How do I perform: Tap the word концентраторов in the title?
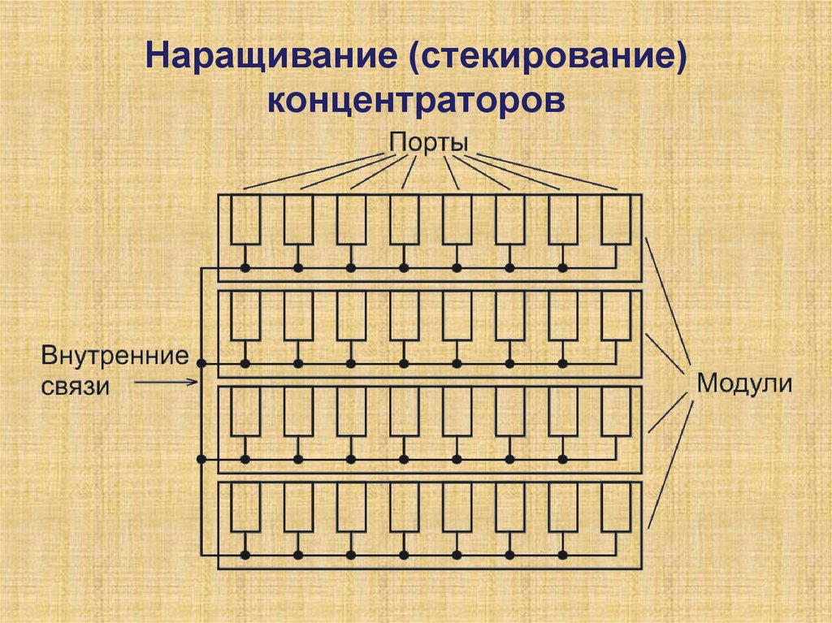(415, 102)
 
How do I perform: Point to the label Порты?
(428, 141)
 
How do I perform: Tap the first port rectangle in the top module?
(245, 219)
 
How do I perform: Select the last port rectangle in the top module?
(615, 219)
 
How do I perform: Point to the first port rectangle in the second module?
(245, 315)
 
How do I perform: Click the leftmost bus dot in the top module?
(245, 267)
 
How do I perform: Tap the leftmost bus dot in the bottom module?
(245, 555)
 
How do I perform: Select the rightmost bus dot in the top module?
(562, 267)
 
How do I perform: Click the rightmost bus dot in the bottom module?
(562, 555)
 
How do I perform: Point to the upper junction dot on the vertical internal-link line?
(201, 363)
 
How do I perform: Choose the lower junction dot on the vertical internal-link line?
(201, 459)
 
